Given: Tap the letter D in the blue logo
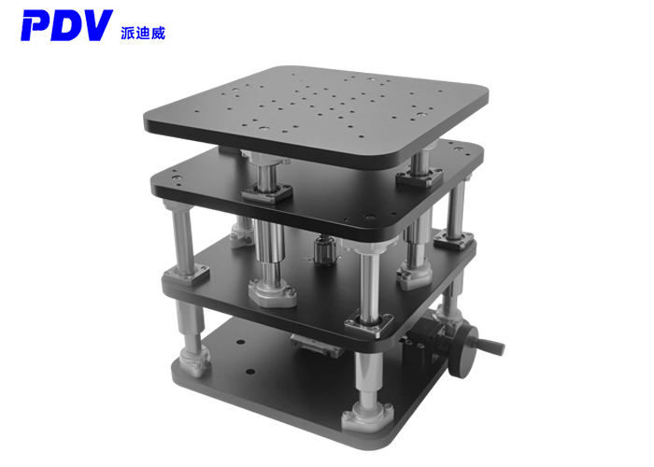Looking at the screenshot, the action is [x=67, y=25].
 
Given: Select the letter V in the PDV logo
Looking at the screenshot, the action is [x=98, y=25].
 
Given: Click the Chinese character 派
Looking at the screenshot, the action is [x=128, y=33].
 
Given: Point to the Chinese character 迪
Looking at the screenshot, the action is [x=143, y=33].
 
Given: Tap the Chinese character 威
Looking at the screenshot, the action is [x=159, y=33].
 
